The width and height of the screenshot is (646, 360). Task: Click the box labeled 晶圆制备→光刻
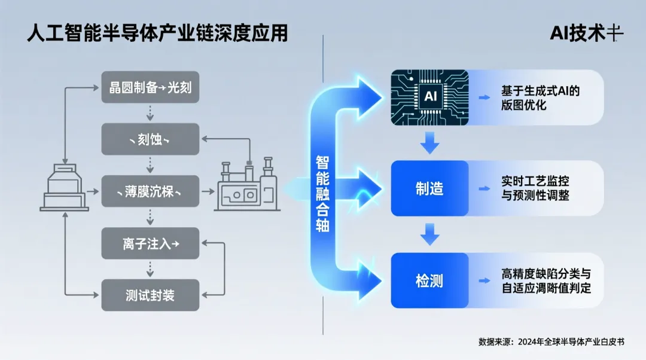click(x=150, y=89)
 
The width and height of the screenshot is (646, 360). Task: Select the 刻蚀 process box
click(x=150, y=140)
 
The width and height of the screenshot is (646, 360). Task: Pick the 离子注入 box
click(x=150, y=243)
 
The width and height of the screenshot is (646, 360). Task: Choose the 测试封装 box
click(x=150, y=295)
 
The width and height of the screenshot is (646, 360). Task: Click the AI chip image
click(x=430, y=97)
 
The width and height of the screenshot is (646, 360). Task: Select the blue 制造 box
click(x=429, y=188)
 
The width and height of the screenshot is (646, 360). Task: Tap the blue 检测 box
click(x=429, y=280)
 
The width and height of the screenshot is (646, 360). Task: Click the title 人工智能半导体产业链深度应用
click(x=157, y=33)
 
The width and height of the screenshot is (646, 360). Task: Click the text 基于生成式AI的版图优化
click(x=540, y=98)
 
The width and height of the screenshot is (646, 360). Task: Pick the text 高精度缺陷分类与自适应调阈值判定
click(x=546, y=280)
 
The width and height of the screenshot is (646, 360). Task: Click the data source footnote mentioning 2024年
click(x=551, y=342)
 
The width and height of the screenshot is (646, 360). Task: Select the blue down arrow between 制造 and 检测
click(x=429, y=234)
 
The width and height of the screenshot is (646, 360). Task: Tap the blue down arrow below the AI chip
click(x=429, y=142)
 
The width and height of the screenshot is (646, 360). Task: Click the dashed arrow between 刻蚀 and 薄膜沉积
click(x=150, y=166)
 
